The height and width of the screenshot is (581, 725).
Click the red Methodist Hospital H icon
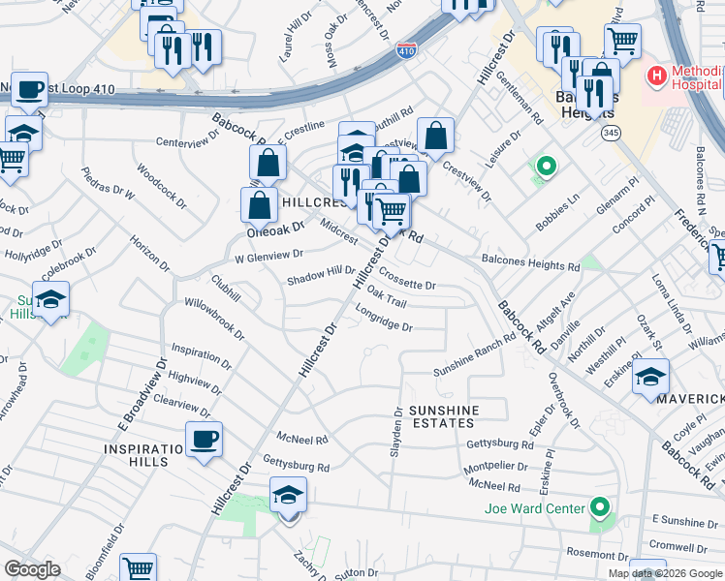657,75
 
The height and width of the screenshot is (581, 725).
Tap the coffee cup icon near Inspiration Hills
204,441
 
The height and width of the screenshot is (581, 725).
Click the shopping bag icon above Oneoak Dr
260,204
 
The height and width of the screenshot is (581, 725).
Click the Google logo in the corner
32,569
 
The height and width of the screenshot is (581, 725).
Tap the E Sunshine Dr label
684,521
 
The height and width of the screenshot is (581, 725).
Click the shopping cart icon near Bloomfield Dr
139,569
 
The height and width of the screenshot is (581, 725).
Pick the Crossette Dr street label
407,279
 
